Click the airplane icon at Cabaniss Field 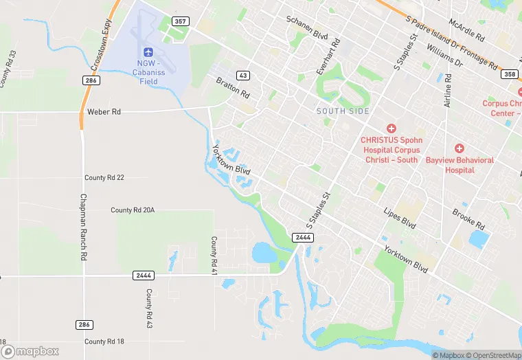[148, 53]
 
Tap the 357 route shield [181, 21]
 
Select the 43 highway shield [243, 75]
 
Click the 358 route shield [509, 74]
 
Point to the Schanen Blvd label [307, 27]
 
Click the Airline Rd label [448, 91]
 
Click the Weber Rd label [104, 111]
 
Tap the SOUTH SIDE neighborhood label [343, 111]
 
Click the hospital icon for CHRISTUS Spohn [391, 128]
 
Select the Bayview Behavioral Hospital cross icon [459, 148]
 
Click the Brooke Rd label [468, 220]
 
